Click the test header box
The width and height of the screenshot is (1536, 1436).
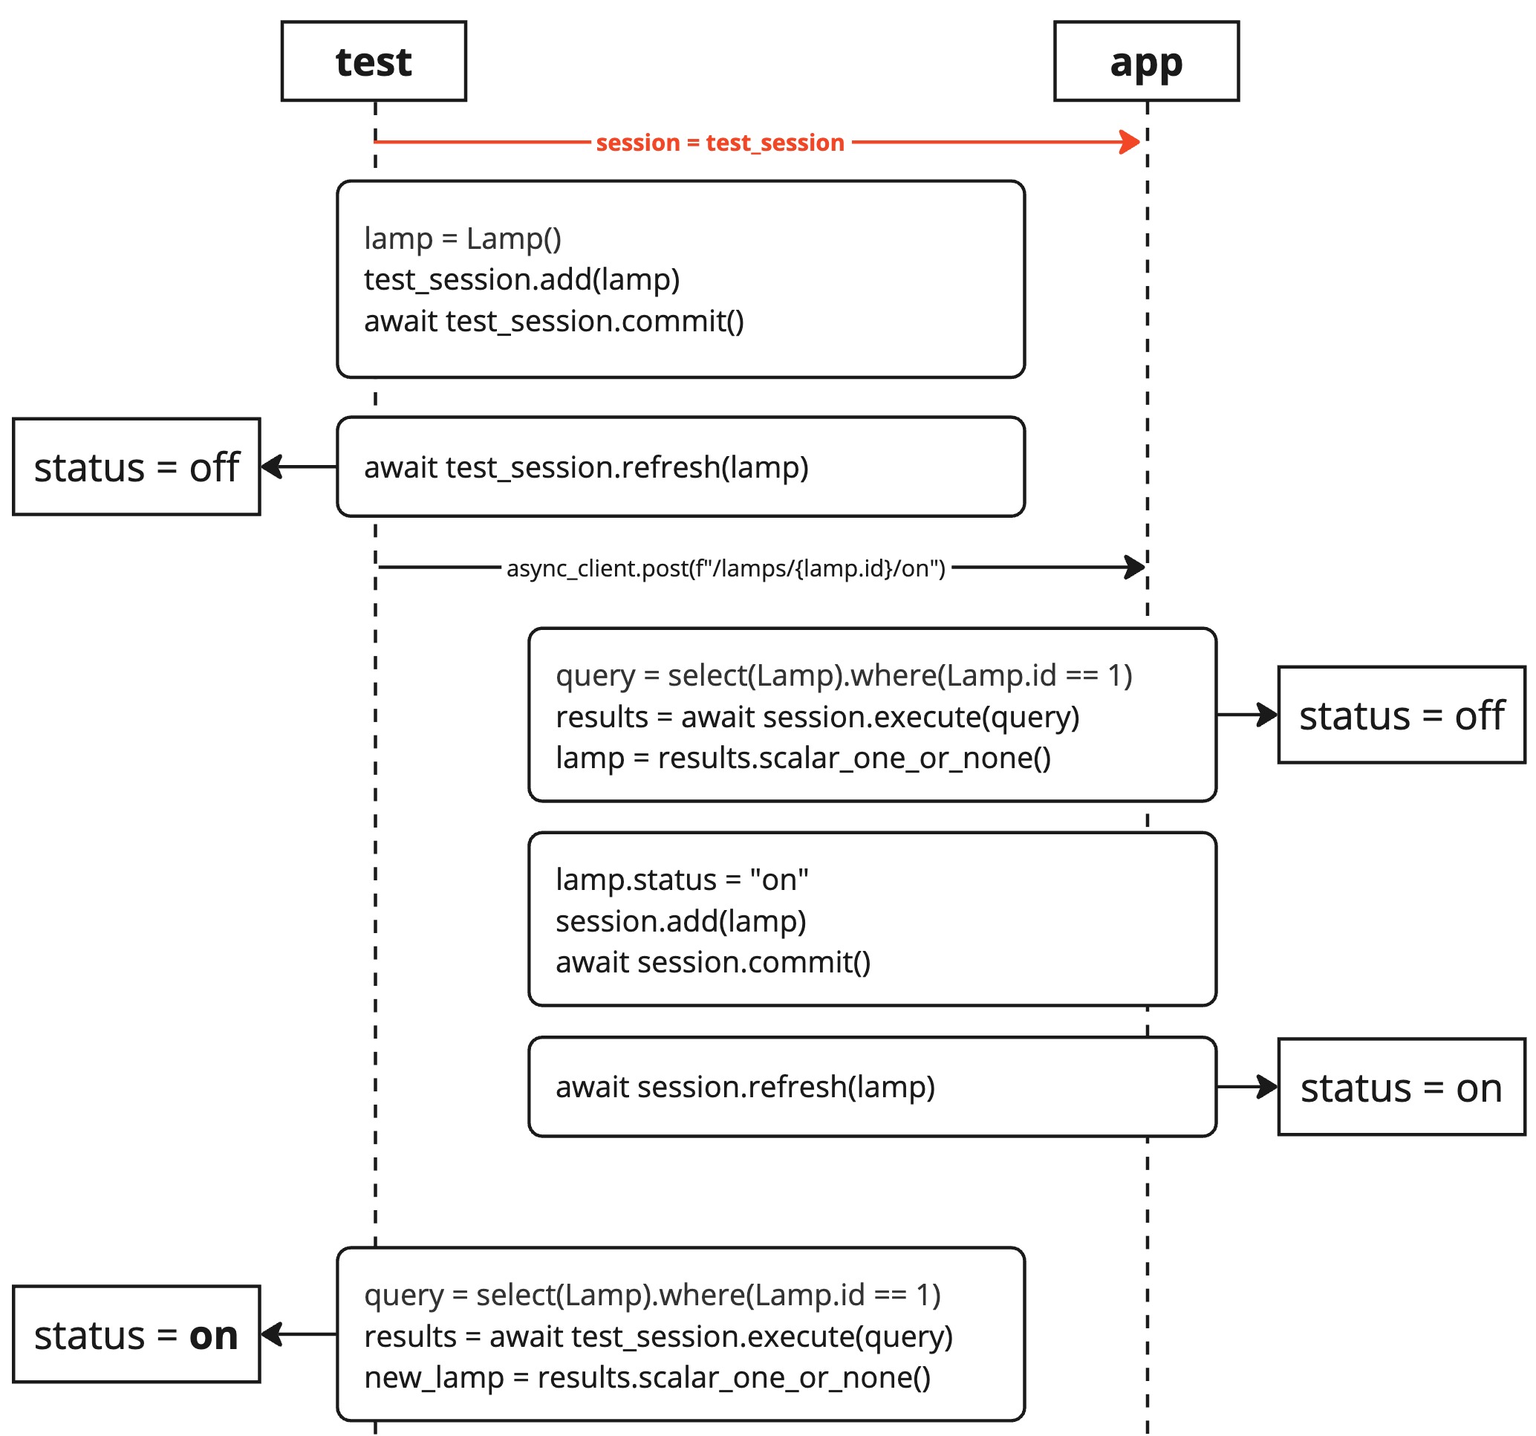point(373,61)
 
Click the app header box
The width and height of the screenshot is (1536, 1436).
point(1146,61)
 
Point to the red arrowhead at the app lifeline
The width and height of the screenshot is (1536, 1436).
point(1130,141)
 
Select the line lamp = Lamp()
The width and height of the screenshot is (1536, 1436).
point(462,238)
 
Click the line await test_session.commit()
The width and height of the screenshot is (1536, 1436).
point(553,321)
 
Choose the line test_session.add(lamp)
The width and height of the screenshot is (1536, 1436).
point(521,279)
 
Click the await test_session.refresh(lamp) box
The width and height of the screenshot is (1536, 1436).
point(680,467)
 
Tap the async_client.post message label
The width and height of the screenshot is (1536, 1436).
point(725,568)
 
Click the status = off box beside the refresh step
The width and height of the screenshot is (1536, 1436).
point(136,467)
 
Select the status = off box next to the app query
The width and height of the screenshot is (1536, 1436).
point(1401,715)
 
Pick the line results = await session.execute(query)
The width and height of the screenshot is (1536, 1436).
point(817,716)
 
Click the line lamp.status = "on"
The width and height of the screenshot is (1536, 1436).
point(681,880)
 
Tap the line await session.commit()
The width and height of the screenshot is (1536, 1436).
point(712,962)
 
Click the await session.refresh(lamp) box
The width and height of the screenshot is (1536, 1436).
point(871,1087)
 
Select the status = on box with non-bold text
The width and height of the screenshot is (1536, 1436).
point(1401,1088)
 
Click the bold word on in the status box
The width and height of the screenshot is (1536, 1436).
point(213,1336)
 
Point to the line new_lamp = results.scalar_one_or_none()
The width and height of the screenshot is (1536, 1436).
point(647,1377)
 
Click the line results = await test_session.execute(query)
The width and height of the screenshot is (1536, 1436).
point(657,1336)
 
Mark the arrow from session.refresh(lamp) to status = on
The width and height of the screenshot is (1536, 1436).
point(1246,1087)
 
